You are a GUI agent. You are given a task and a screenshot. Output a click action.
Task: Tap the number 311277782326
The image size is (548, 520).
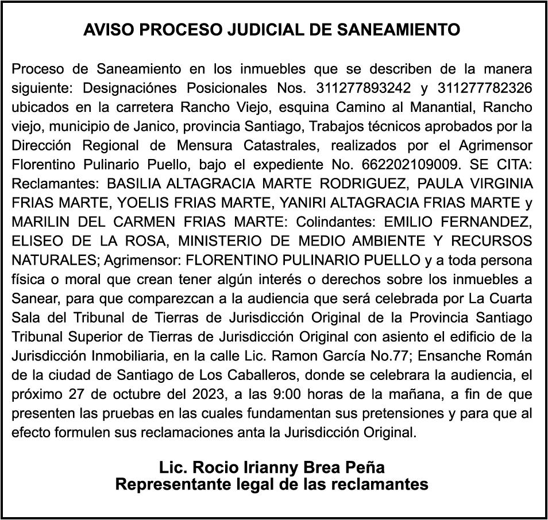click(484, 89)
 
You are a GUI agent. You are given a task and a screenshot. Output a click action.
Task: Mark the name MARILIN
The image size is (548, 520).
click(37, 222)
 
